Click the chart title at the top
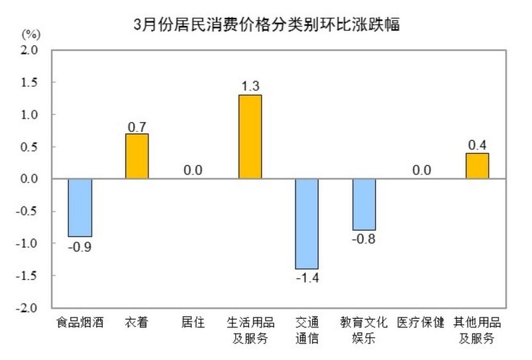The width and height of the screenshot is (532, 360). [266, 23]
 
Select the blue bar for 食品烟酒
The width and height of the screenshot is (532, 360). [80, 208]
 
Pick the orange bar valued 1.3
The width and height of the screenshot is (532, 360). [250, 137]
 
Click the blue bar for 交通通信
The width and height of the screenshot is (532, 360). [306, 224]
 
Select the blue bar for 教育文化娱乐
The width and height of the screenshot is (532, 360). [364, 205]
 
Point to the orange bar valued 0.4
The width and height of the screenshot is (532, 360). [477, 166]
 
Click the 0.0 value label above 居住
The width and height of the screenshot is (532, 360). [192, 171]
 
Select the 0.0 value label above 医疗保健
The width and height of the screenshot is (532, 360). [420, 171]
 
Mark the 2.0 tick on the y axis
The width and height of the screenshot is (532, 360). [30, 50]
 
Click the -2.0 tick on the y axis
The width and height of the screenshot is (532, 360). [28, 308]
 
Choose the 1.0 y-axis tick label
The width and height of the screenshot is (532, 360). [30, 115]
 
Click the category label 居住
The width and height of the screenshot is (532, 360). [193, 323]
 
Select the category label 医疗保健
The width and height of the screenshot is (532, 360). [420, 323]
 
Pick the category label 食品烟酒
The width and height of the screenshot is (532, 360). [80, 323]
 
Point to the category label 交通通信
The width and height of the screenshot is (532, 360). [307, 330]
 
